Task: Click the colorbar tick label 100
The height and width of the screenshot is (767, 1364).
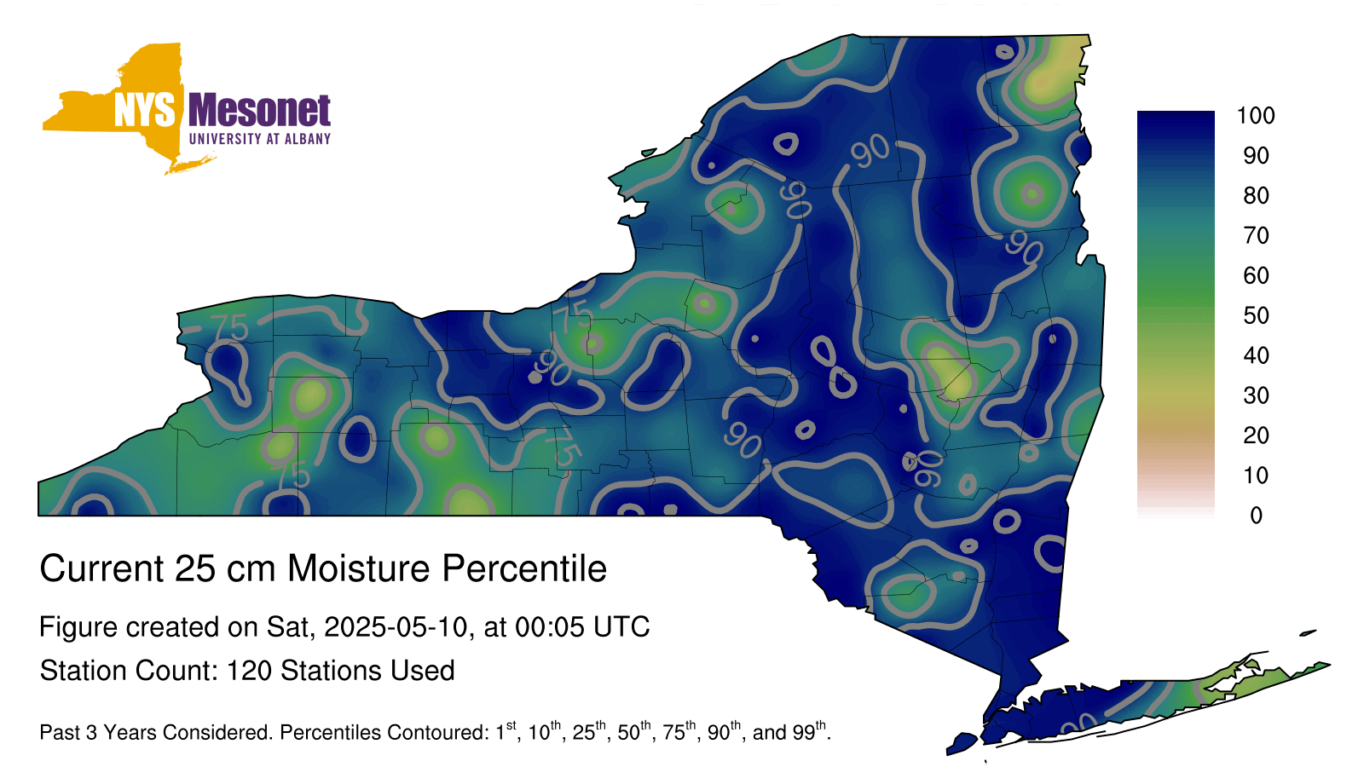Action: [x=1256, y=116]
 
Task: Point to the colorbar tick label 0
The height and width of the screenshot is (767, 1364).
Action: [x=1257, y=516]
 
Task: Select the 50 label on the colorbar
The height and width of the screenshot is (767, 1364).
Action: [x=1257, y=315]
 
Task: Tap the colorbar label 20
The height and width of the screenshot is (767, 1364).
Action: [x=1257, y=435]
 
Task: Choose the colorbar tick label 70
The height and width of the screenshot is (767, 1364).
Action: [x=1257, y=235]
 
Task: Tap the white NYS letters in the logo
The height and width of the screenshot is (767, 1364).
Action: [x=144, y=110]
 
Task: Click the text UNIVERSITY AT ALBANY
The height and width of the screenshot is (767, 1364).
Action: [x=260, y=139]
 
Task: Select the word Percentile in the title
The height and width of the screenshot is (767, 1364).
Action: [x=524, y=568]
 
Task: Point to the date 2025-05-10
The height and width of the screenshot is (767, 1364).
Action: [x=396, y=627]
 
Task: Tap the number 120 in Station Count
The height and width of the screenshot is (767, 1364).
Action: [x=250, y=671]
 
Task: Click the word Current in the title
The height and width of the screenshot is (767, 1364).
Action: [x=102, y=568]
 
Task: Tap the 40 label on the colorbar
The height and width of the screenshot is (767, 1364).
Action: [x=1257, y=355]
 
